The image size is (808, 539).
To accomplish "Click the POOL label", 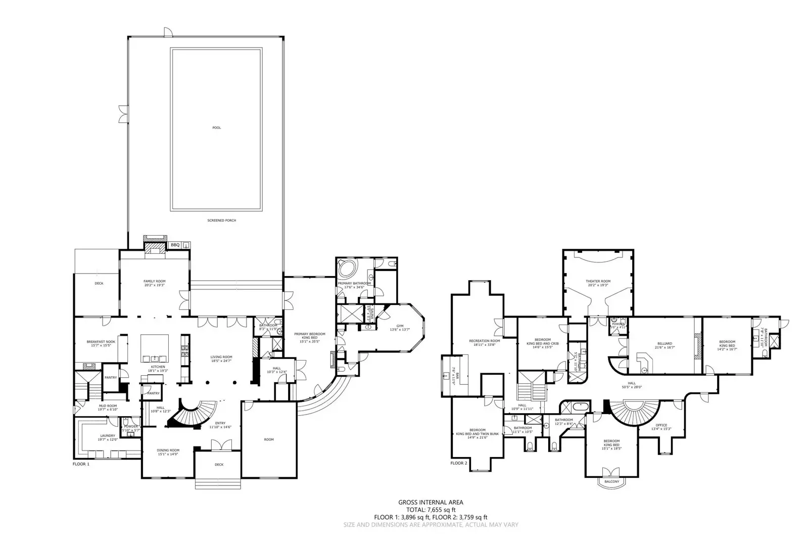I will (x=216, y=128).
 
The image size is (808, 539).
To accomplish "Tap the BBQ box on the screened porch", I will (x=175, y=245).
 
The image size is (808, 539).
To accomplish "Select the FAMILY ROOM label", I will (x=154, y=281).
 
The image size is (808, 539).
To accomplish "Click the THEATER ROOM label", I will (x=598, y=281).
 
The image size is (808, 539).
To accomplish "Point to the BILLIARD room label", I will (x=664, y=343).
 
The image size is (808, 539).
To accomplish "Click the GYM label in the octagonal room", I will (x=400, y=326).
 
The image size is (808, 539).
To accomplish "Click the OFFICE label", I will (x=661, y=425).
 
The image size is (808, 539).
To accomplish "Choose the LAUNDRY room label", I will (x=107, y=435).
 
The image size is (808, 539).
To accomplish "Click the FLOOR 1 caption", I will (x=81, y=463).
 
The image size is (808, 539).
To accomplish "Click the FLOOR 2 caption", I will (x=459, y=463).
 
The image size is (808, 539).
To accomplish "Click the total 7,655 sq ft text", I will (x=431, y=510).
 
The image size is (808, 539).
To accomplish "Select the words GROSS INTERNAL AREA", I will (x=431, y=503).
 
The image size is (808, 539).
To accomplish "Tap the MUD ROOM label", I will (x=107, y=406).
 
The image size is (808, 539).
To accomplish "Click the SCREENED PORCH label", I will (x=221, y=220).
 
